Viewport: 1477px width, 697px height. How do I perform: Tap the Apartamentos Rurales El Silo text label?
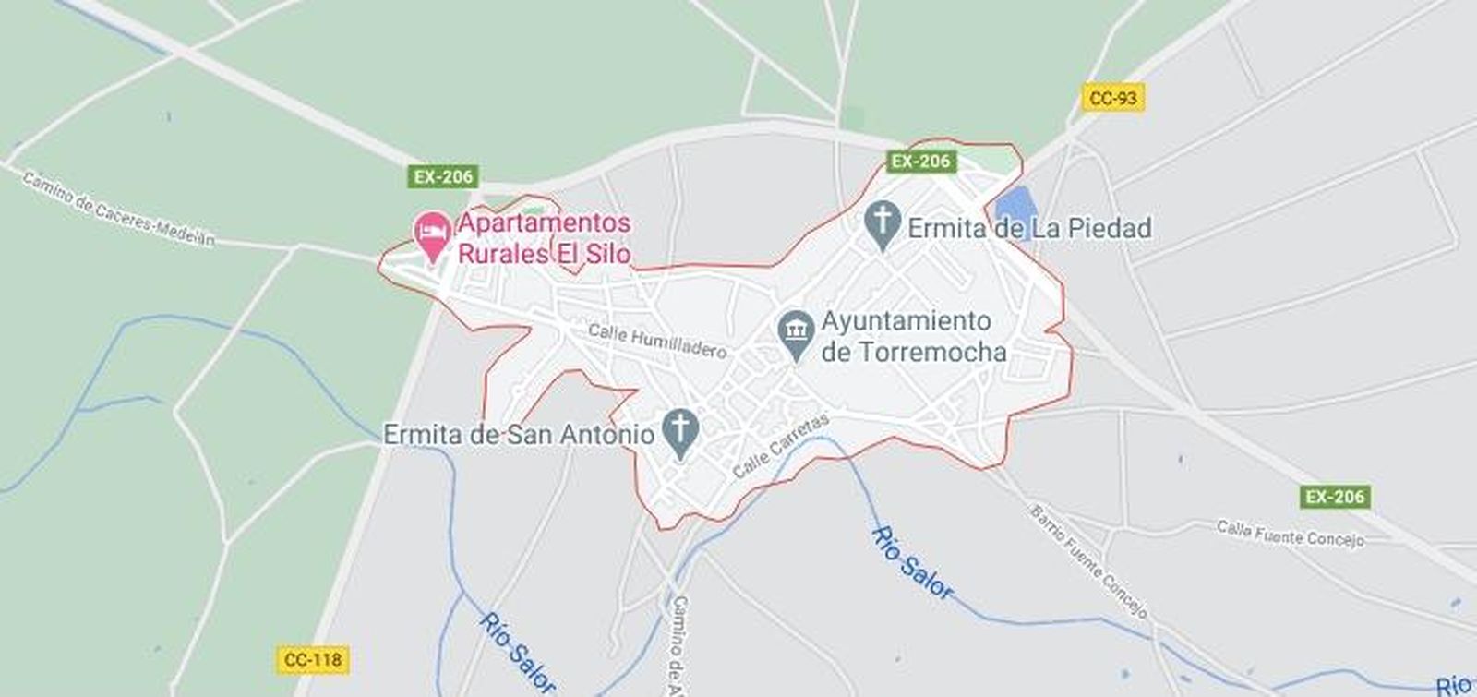tap(545, 238)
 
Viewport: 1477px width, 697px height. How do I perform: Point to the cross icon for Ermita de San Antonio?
tap(681, 431)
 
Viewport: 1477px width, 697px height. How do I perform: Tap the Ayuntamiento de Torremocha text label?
tap(912, 336)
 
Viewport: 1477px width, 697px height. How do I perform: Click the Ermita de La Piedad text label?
tap(1029, 228)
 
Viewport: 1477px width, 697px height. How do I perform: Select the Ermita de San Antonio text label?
tap(519, 434)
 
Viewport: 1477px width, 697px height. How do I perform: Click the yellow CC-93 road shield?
tap(1112, 98)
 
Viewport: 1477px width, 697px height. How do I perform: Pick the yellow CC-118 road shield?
tap(313, 659)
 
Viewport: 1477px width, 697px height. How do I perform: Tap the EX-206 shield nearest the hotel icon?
tap(443, 176)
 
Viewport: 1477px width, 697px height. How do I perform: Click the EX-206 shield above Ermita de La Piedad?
tap(920, 162)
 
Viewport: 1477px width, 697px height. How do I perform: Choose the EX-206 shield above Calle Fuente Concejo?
tap(1335, 497)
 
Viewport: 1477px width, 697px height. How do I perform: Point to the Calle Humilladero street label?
tap(657, 340)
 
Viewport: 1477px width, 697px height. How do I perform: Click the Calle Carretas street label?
tap(781, 445)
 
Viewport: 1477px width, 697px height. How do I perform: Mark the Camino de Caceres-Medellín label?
tap(117, 209)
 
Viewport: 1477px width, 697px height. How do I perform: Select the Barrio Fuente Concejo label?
tap(1089, 561)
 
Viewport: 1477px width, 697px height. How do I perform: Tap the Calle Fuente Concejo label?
tap(1290, 533)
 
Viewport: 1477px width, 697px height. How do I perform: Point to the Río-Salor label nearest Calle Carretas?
tap(910, 563)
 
